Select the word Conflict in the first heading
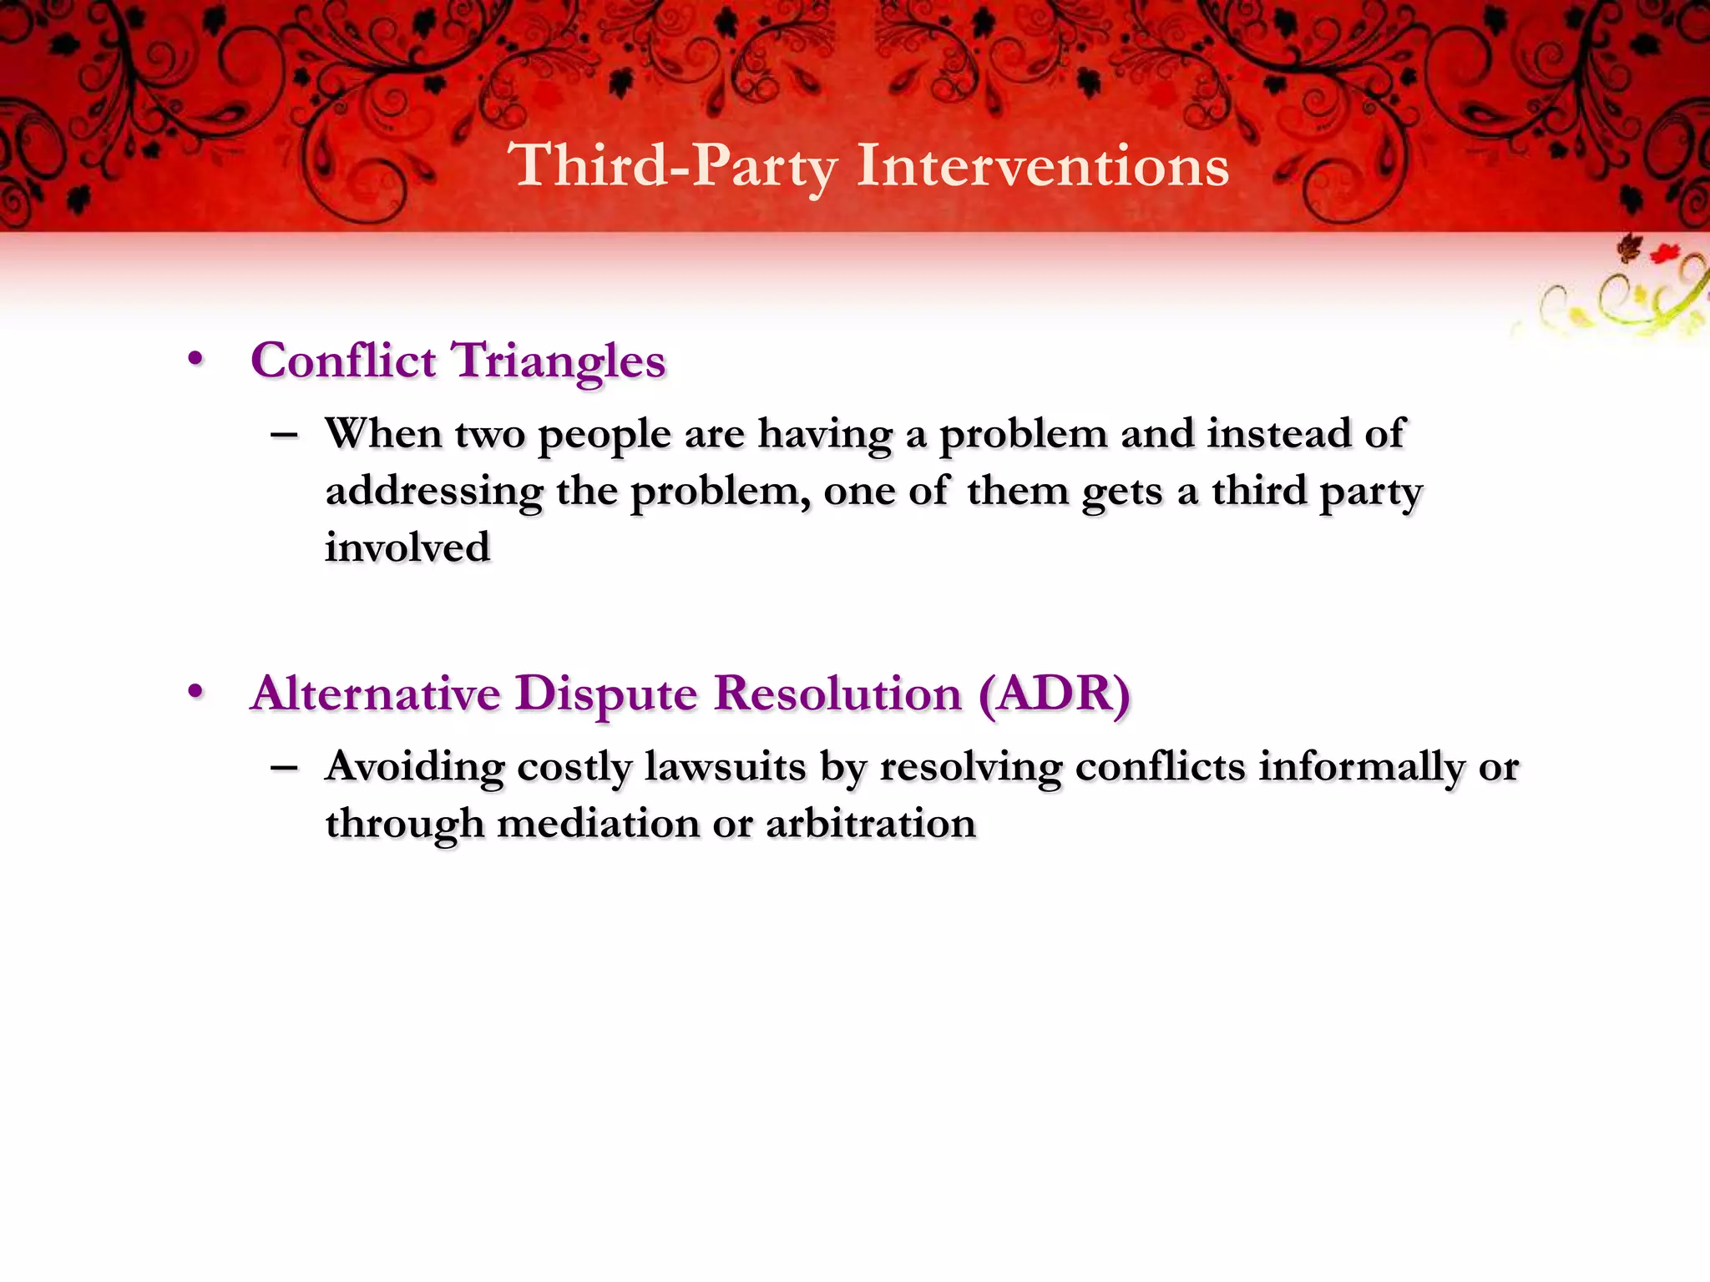coord(343,361)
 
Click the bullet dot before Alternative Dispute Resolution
coord(195,692)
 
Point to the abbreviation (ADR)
coord(1054,694)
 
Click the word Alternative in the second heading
coord(375,694)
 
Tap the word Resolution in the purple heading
coord(838,694)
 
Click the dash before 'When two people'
coord(285,434)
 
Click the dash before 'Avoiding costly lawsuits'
coord(285,766)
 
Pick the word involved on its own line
coord(407,548)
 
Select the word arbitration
coord(870,824)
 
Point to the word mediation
coord(598,824)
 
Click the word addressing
coord(434,491)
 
